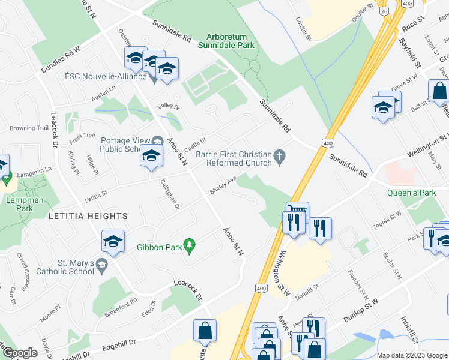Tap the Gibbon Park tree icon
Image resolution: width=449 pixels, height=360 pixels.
click(190, 245)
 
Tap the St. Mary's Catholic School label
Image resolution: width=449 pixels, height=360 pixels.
click(67, 267)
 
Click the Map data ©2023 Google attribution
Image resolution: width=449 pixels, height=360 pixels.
click(412, 355)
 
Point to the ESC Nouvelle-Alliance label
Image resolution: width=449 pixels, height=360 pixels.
click(106, 76)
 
